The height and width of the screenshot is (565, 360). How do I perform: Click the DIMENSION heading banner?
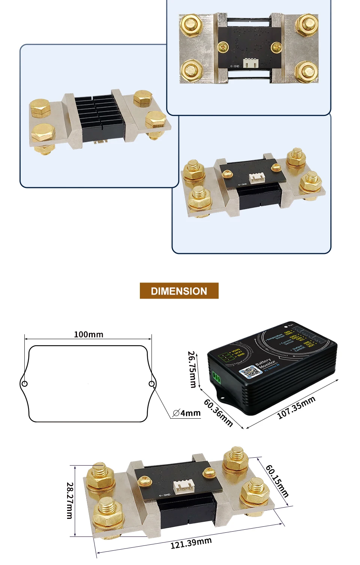179,291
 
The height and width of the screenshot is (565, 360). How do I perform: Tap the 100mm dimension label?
88,334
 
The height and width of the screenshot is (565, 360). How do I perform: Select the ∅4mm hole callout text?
187,413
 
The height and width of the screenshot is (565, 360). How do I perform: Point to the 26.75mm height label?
192,369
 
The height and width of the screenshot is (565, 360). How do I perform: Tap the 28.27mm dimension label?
70,500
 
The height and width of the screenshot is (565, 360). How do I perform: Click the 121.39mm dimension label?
191,543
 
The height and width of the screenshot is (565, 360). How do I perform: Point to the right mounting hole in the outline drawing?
151,384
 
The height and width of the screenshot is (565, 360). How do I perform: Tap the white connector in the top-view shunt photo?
250,63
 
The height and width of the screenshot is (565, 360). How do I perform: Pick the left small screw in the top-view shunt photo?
222,47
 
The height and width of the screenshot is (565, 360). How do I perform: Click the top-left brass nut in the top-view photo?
191,26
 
